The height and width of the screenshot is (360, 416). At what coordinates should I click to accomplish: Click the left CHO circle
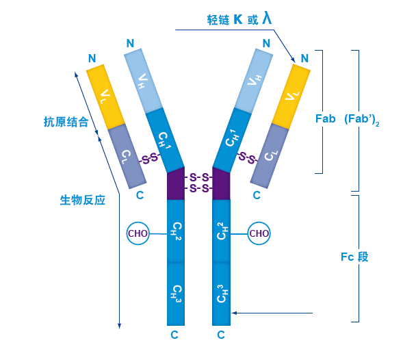[x=138, y=233]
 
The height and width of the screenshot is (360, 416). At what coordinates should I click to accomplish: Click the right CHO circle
[x=259, y=233]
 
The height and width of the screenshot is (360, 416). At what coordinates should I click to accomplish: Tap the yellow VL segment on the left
[x=106, y=95]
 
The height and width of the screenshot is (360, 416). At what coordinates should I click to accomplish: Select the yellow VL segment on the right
[x=290, y=95]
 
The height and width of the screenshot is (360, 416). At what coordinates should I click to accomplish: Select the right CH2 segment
[x=221, y=231]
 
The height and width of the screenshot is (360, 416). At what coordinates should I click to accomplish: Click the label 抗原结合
[x=66, y=123]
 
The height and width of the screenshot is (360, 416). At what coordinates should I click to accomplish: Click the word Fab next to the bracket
[x=325, y=118]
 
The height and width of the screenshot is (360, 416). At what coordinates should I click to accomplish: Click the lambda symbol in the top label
[x=266, y=17]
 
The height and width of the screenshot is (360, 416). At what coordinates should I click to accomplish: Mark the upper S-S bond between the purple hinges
[x=198, y=177]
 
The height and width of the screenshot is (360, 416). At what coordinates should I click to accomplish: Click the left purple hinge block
[x=176, y=183]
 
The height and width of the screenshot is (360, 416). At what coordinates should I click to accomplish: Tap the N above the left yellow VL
[x=92, y=57]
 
